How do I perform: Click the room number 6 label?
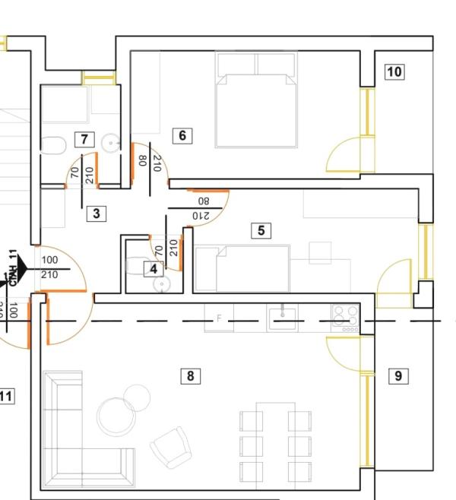click(x=182, y=136)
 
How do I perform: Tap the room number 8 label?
click(x=191, y=375)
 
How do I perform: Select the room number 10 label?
click(x=394, y=72)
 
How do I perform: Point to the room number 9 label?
click(x=397, y=375)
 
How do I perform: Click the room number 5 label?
click(x=261, y=230)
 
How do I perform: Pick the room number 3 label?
click(x=97, y=214)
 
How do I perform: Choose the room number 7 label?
click(x=84, y=139)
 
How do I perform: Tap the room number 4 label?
click(x=154, y=268)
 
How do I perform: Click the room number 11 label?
click(x=6, y=396)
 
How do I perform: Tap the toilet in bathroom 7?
click(x=53, y=144)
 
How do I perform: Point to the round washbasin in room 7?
click(x=111, y=142)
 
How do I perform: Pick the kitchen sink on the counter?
click(x=283, y=313)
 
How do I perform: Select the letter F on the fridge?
click(x=220, y=318)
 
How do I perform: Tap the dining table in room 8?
click(x=275, y=441)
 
